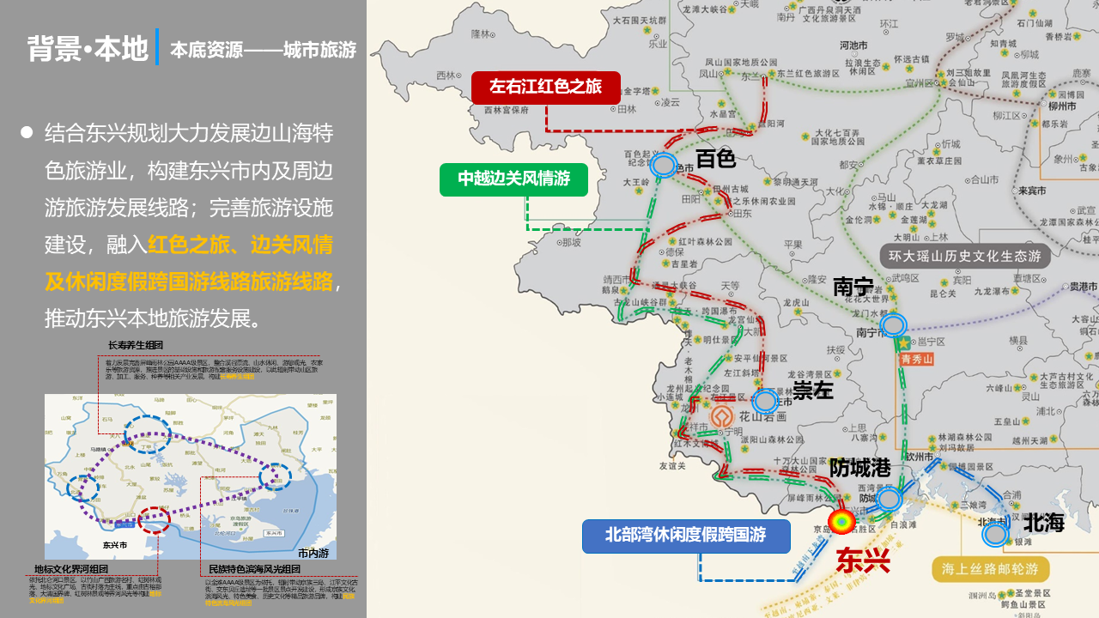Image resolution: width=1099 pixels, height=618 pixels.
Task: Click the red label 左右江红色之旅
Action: tap(545, 87)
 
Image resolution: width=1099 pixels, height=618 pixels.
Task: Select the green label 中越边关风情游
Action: tap(513, 179)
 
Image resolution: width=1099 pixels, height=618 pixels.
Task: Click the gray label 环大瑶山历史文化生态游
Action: tap(964, 257)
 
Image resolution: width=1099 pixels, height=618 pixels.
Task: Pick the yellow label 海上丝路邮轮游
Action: tap(989, 569)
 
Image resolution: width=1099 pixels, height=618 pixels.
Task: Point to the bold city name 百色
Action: tap(716, 158)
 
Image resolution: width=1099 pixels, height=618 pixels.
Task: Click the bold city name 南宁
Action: tap(853, 287)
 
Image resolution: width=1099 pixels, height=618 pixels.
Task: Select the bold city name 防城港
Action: tap(860, 468)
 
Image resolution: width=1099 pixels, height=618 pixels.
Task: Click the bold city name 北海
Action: tap(1043, 522)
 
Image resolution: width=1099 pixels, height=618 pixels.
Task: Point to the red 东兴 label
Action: tap(863, 560)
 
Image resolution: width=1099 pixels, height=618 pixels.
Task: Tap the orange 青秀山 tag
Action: tap(915, 360)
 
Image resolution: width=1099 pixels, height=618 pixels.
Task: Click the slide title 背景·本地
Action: tap(88, 49)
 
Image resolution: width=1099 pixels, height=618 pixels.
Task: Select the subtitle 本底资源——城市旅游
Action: tap(263, 50)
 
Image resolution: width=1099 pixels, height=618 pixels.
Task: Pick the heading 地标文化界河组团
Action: tap(71, 569)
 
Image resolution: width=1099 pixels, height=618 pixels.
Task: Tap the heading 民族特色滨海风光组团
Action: tap(254, 569)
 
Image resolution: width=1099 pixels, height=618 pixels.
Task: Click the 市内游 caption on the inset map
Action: tap(313, 553)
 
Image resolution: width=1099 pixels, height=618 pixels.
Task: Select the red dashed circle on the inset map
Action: tap(155, 519)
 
